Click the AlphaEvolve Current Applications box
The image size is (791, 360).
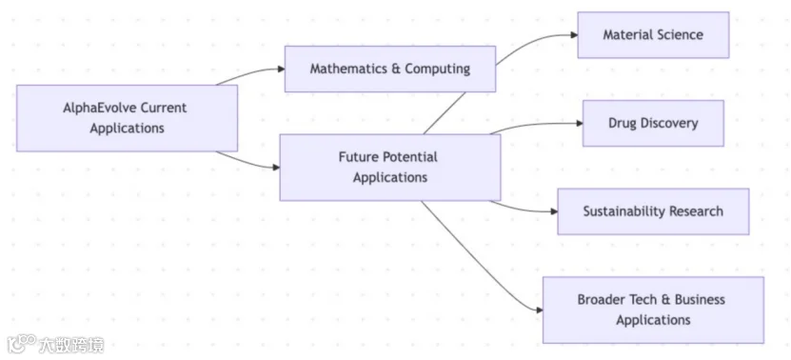128,118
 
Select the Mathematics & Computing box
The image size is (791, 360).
390,70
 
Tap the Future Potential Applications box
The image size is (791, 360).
390,167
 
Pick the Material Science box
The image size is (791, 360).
653,35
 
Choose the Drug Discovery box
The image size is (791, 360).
653,123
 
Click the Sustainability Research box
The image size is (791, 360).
653,211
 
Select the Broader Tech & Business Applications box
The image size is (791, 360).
653,310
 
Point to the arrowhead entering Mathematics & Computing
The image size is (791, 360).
282,70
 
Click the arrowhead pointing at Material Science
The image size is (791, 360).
574,35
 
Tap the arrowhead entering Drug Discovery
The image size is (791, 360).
580,123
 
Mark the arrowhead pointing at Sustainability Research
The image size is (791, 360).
554,211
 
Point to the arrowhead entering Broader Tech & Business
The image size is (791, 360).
540,310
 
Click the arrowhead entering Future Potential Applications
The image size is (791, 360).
276,167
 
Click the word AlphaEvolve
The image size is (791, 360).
100,108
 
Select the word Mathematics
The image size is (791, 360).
348,70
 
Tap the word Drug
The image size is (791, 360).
622,123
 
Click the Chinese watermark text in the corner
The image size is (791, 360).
71,345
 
